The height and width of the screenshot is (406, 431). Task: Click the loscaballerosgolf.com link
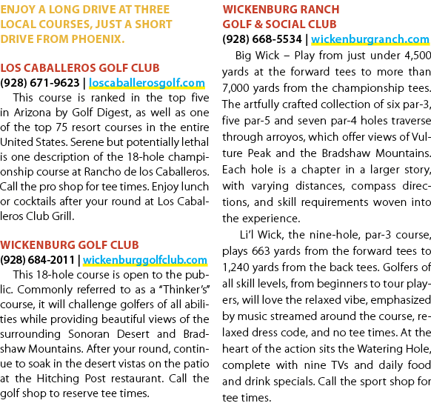click(147, 83)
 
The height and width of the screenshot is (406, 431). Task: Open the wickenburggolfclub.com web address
click(145, 260)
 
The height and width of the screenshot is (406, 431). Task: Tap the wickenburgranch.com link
click(370, 39)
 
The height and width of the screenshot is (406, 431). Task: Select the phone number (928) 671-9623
click(40, 83)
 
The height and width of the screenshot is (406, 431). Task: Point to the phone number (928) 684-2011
click(37, 260)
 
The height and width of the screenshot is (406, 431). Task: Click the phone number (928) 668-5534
click(262, 39)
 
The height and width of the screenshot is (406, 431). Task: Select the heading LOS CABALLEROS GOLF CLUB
click(80, 68)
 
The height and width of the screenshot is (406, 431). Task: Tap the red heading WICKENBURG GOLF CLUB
click(70, 245)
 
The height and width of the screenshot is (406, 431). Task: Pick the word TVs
click(340, 365)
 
